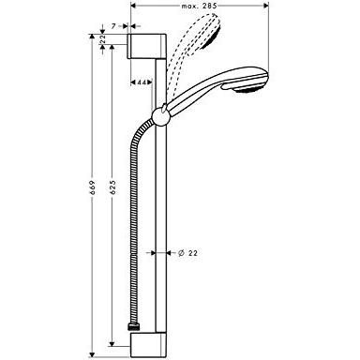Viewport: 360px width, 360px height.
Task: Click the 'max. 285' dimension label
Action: [199, 6]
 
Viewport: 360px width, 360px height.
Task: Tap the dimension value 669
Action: [92, 187]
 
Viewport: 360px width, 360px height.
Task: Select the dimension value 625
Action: [113, 187]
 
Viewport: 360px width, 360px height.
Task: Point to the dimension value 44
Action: [142, 82]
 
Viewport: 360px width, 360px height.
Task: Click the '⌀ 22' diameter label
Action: [187, 253]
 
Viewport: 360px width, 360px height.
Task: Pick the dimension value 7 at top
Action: [113, 26]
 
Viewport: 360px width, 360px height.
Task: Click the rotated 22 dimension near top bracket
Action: [103, 39]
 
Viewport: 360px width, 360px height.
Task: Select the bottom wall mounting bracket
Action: [149, 344]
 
